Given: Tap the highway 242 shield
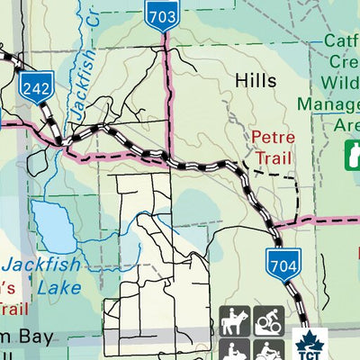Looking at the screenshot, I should [x=37, y=87].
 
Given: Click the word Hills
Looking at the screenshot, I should [x=256, y=80].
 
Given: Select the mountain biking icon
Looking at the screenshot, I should [x=268, y=320].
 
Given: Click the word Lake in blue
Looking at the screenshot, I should [x=59, y=288].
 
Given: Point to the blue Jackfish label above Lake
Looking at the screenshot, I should [x=42, y=265].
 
